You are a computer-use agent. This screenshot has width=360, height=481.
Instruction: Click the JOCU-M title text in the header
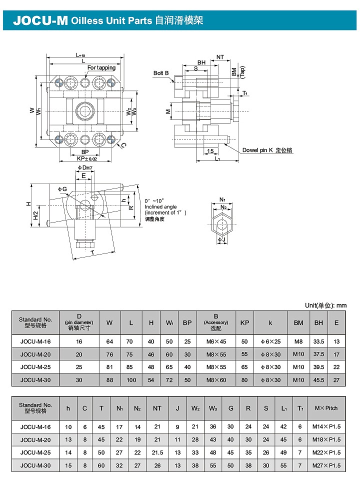tap(40, 20)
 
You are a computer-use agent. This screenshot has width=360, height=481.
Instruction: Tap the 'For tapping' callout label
tap(101, 67)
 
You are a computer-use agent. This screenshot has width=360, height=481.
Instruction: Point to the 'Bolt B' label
tap(161, 73)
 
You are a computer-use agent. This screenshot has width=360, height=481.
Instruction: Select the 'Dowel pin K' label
tap(257, 150)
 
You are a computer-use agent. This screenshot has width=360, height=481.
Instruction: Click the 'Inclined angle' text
tap(160, 207)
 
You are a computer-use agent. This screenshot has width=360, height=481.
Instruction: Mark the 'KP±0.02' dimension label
tap(87, 158)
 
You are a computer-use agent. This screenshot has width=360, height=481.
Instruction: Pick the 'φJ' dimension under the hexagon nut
tap(221, 239)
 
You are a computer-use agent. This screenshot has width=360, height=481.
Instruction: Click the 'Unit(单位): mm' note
tap(325, 305)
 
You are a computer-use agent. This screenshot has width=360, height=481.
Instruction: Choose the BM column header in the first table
tap(298, 322)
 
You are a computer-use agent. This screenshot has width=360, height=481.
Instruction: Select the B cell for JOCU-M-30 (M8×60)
tap(216, 380)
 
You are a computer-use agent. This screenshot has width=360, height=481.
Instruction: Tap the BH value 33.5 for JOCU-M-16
tap(318, 341)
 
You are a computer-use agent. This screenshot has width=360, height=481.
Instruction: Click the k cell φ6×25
tap(270, 341)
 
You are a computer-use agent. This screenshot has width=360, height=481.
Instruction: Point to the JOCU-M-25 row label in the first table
tap(35, 367)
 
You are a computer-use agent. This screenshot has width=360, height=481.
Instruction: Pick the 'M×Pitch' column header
tap(326, 408)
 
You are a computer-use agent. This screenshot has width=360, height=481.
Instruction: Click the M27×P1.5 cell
tap(326, 465)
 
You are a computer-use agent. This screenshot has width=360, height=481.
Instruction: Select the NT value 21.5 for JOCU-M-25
tap(157, 452)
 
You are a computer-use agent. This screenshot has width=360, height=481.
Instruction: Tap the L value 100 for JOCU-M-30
tap(131, 380)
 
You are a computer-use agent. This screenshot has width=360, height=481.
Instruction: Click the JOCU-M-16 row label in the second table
tap(35, 426)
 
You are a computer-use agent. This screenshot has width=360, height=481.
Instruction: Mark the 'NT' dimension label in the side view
tap(220, 57)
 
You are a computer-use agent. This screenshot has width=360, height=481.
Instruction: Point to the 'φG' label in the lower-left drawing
tap(62, 189)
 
